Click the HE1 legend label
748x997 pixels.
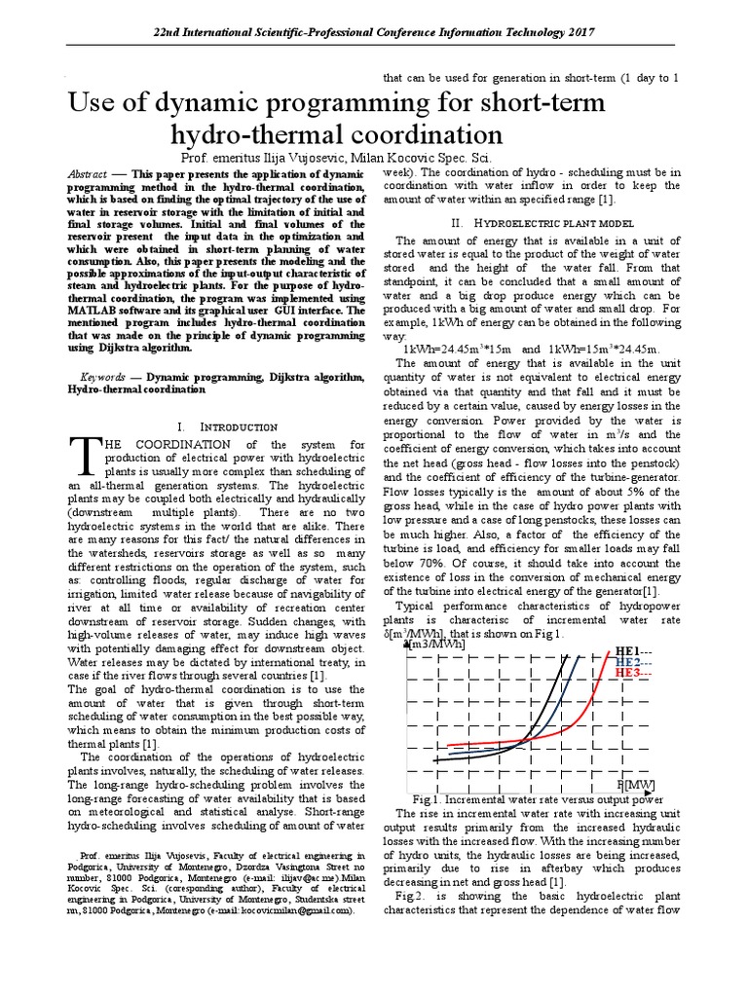pyautogui.click(x=626, y=650)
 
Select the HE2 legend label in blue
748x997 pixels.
pyautogui.click(x=626, y=662)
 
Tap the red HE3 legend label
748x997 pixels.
pyautogui.click(x=626, y=673)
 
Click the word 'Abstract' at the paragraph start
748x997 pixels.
pyautogui.click(x=87, y=172)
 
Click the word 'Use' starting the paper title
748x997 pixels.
pyautogui.click(x=96, y=103)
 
